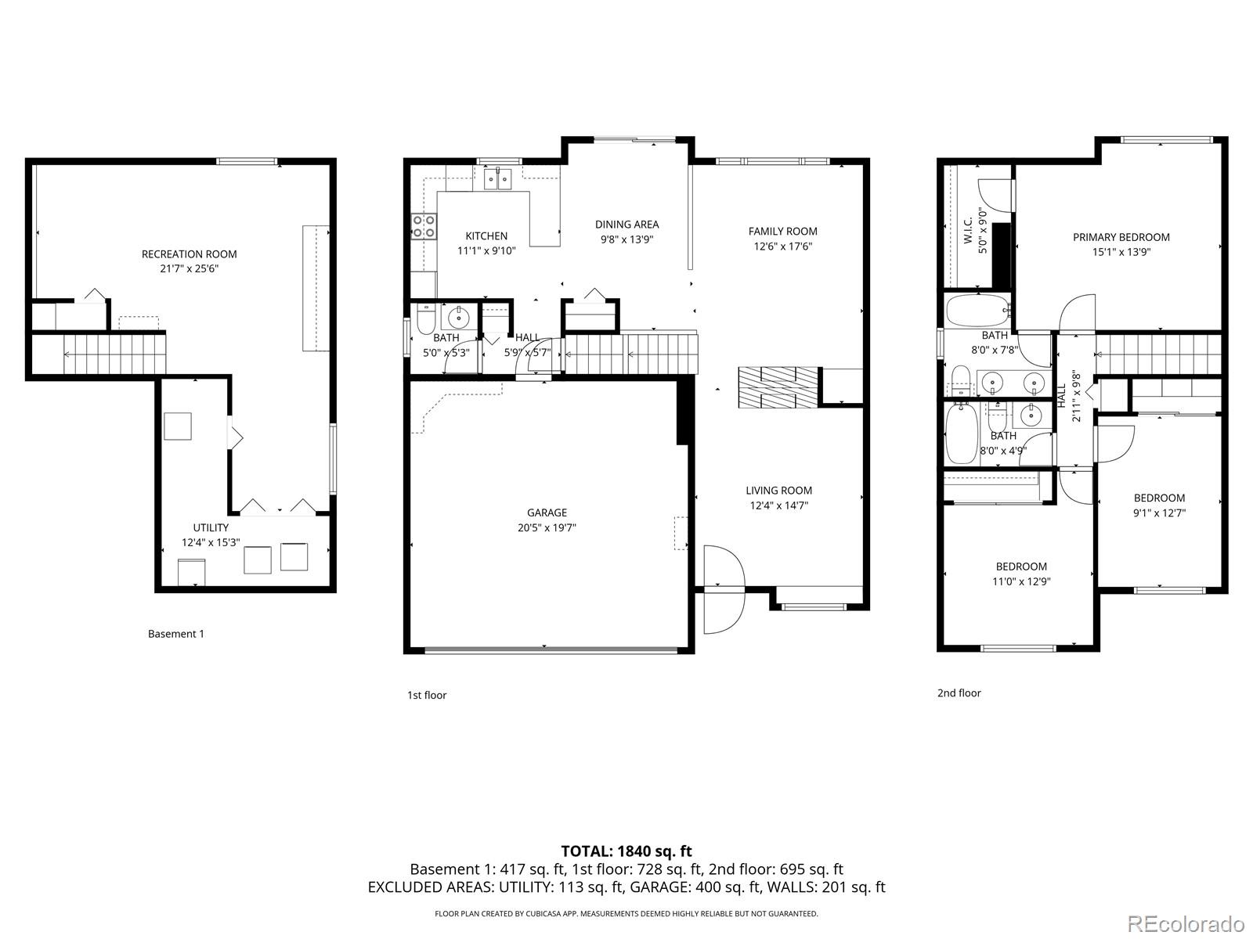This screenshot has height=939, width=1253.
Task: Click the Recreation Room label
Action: [189, 254]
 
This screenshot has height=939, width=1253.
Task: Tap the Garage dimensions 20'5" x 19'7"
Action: [547, 527]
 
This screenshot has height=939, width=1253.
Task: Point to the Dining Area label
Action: [626, 225]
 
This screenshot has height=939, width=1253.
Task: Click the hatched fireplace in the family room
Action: [777, 387]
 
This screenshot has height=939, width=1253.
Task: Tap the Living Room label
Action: [778, 491]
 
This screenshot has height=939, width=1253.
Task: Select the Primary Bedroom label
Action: [1121, 237]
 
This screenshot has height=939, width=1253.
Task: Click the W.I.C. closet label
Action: [968, 231]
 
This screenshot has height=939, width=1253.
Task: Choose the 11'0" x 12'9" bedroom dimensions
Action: [1021, 581]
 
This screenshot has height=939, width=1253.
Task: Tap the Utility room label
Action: [211, 527]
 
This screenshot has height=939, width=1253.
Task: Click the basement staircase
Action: [114, 354]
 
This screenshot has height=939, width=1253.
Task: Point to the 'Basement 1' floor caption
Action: [175, 634]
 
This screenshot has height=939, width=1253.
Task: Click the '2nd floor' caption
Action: [959, 693]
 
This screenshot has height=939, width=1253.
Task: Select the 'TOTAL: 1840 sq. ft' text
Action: [626, 851]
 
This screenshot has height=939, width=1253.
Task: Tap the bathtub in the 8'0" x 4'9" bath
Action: [961, 434]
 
